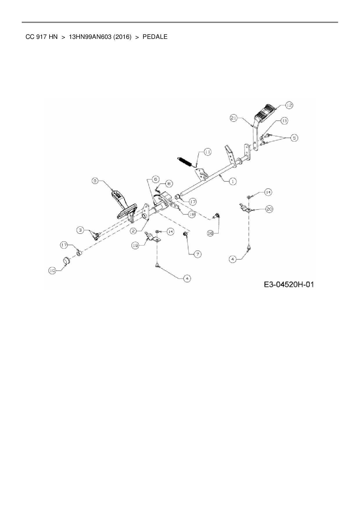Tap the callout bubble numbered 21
234,118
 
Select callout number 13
284,121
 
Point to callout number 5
294,138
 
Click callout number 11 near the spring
208,152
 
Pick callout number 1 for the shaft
233,182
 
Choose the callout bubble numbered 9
95,181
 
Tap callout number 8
169,183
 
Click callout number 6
155,179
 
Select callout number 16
210,233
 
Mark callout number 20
269,209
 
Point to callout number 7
197,254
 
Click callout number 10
52,270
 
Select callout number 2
133,231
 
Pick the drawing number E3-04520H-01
289,284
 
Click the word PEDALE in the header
155,37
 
